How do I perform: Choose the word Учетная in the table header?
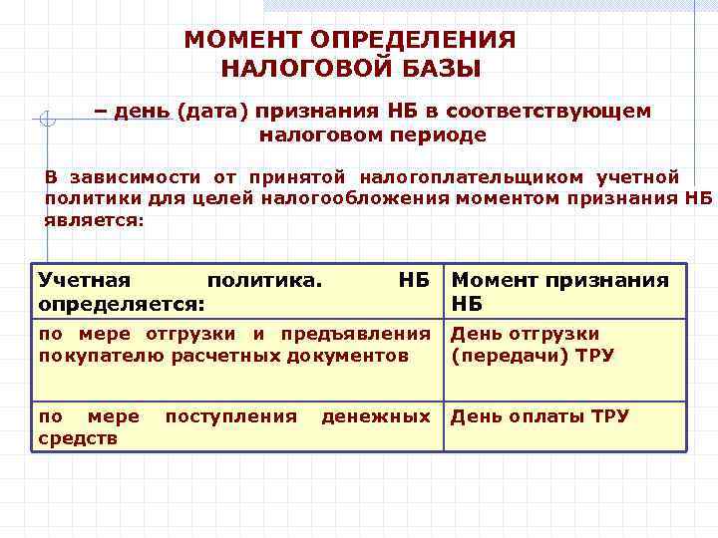point(85,280)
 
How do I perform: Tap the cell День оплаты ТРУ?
point(539,415)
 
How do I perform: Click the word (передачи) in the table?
point(502,355)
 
